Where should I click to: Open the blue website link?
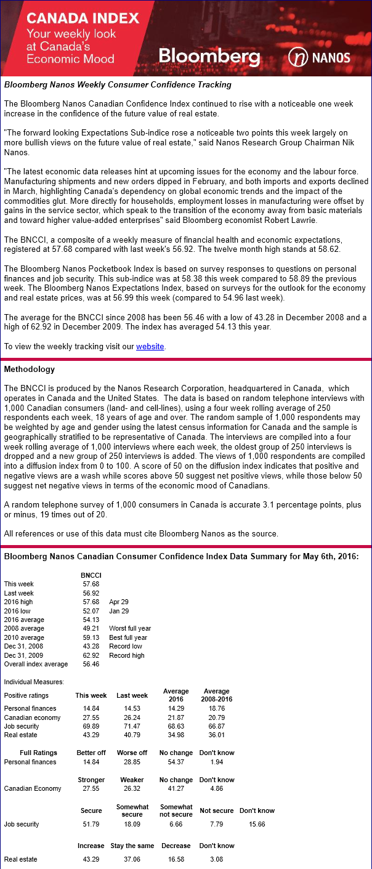pos(150,347)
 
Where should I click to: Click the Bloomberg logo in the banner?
pos(209,57)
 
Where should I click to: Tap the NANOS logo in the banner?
pos(319,58)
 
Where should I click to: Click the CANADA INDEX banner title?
pos(83,18)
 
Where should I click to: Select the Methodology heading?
pos(30,370)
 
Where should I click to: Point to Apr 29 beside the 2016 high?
pos(119,602)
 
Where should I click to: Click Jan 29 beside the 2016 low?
pos(119,610)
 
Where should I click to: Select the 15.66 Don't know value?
pos(257,824)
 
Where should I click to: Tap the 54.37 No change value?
pos(176,762)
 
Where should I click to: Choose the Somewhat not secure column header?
pos(176,810)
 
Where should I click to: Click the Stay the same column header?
pos(127,846)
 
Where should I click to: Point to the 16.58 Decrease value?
pos(176,859)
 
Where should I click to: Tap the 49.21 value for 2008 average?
pos(91,628)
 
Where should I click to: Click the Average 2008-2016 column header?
pos(216,695)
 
